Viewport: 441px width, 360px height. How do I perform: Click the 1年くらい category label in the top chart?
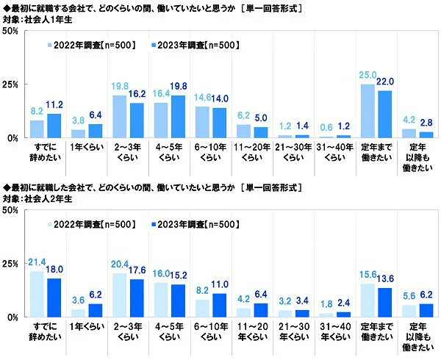(80, 148)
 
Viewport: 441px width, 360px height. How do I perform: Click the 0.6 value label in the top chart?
(327, 128)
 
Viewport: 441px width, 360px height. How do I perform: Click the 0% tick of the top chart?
(12, 138)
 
